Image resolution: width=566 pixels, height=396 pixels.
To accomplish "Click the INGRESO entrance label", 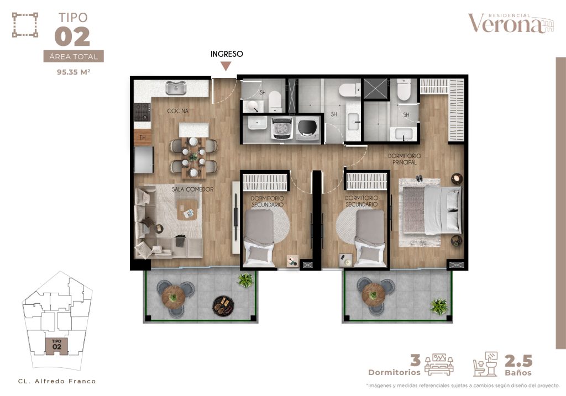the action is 227,54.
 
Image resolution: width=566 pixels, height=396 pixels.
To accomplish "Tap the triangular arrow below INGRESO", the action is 226,66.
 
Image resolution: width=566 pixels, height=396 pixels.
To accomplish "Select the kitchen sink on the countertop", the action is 176,88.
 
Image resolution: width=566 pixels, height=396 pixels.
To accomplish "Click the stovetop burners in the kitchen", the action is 142,112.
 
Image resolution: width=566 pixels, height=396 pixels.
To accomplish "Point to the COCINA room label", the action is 177,110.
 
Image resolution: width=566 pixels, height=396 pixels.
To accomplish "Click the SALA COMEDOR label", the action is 192,189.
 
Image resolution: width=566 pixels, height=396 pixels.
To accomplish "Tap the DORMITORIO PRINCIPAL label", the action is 404,159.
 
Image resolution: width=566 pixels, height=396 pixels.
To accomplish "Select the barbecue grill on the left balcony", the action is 223,306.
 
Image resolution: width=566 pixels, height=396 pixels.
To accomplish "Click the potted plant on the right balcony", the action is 439,306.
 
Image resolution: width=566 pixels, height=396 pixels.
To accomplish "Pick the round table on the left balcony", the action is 173,297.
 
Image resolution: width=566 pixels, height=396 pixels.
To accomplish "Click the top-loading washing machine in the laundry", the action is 281,128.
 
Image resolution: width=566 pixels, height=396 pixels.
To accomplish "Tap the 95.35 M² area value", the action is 74,72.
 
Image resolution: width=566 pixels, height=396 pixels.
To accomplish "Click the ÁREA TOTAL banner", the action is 74,56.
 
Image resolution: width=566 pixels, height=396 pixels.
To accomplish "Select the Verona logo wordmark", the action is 510,23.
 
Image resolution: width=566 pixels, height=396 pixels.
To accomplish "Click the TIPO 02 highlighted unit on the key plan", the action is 56,346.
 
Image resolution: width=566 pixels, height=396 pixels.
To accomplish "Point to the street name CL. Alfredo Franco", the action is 57,381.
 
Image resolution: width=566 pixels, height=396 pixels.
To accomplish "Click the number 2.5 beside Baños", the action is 518,361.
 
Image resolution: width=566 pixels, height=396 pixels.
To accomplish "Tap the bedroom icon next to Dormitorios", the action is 439,365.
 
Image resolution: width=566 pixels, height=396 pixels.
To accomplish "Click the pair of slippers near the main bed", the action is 419,178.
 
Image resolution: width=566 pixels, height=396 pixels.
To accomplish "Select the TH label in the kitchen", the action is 143,138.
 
